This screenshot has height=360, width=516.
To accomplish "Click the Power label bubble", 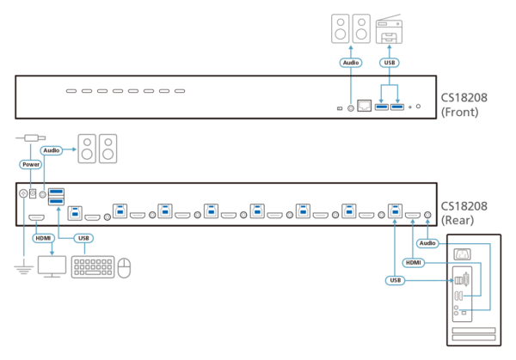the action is tap(31, 164).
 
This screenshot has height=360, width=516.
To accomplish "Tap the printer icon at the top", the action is tap(389, 28).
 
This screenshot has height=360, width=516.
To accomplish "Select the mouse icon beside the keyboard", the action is tap(124, 268).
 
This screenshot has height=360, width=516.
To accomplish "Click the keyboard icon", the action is tap(93, 267).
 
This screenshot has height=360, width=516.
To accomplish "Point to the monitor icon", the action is tap(52, 266).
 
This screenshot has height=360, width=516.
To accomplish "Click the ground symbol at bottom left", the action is tap(24, 269).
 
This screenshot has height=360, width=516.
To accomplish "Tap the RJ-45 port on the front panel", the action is tap(365, 106).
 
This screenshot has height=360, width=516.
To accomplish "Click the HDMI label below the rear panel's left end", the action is tap(43, 238).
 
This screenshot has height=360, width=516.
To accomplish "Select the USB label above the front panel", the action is tap(390, 63).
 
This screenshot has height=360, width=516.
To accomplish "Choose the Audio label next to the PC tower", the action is tap(427, 243).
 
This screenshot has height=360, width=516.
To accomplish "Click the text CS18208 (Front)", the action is tap(464, 105).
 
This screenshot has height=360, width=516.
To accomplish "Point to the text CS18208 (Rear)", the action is tap(464, 213).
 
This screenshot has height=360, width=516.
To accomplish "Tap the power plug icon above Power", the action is tap(31, 138).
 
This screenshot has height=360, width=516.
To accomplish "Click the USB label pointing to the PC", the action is tap(396, 280).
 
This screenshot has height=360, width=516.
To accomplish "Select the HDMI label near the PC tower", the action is tap(414, 263).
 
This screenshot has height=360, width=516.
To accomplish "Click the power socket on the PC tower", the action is tap(463, 254).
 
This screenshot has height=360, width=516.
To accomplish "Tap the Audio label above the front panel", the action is tap(351, 63).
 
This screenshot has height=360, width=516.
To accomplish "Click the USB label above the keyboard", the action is tap(83, 238).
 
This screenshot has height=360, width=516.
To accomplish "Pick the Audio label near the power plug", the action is tap(52, 150).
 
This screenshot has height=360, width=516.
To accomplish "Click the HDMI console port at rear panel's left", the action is tap(36, 217).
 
